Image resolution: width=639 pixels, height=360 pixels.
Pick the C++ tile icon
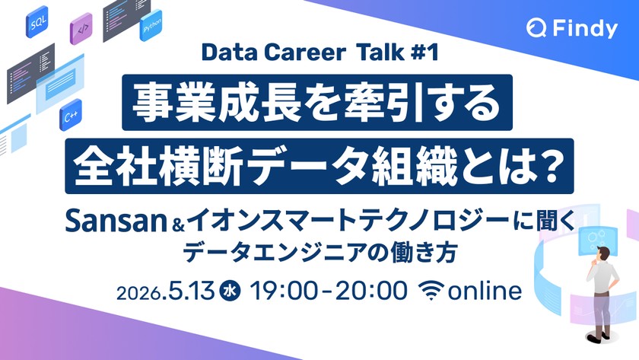coord(72,117)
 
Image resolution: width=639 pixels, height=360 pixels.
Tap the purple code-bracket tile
coord(81,30)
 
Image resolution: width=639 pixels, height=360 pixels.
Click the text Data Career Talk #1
coord(319,54)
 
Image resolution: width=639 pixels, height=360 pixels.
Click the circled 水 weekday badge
coord(227,290)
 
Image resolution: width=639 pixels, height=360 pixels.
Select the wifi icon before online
coord(433,290)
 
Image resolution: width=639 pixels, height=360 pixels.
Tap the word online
coord(485,290)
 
